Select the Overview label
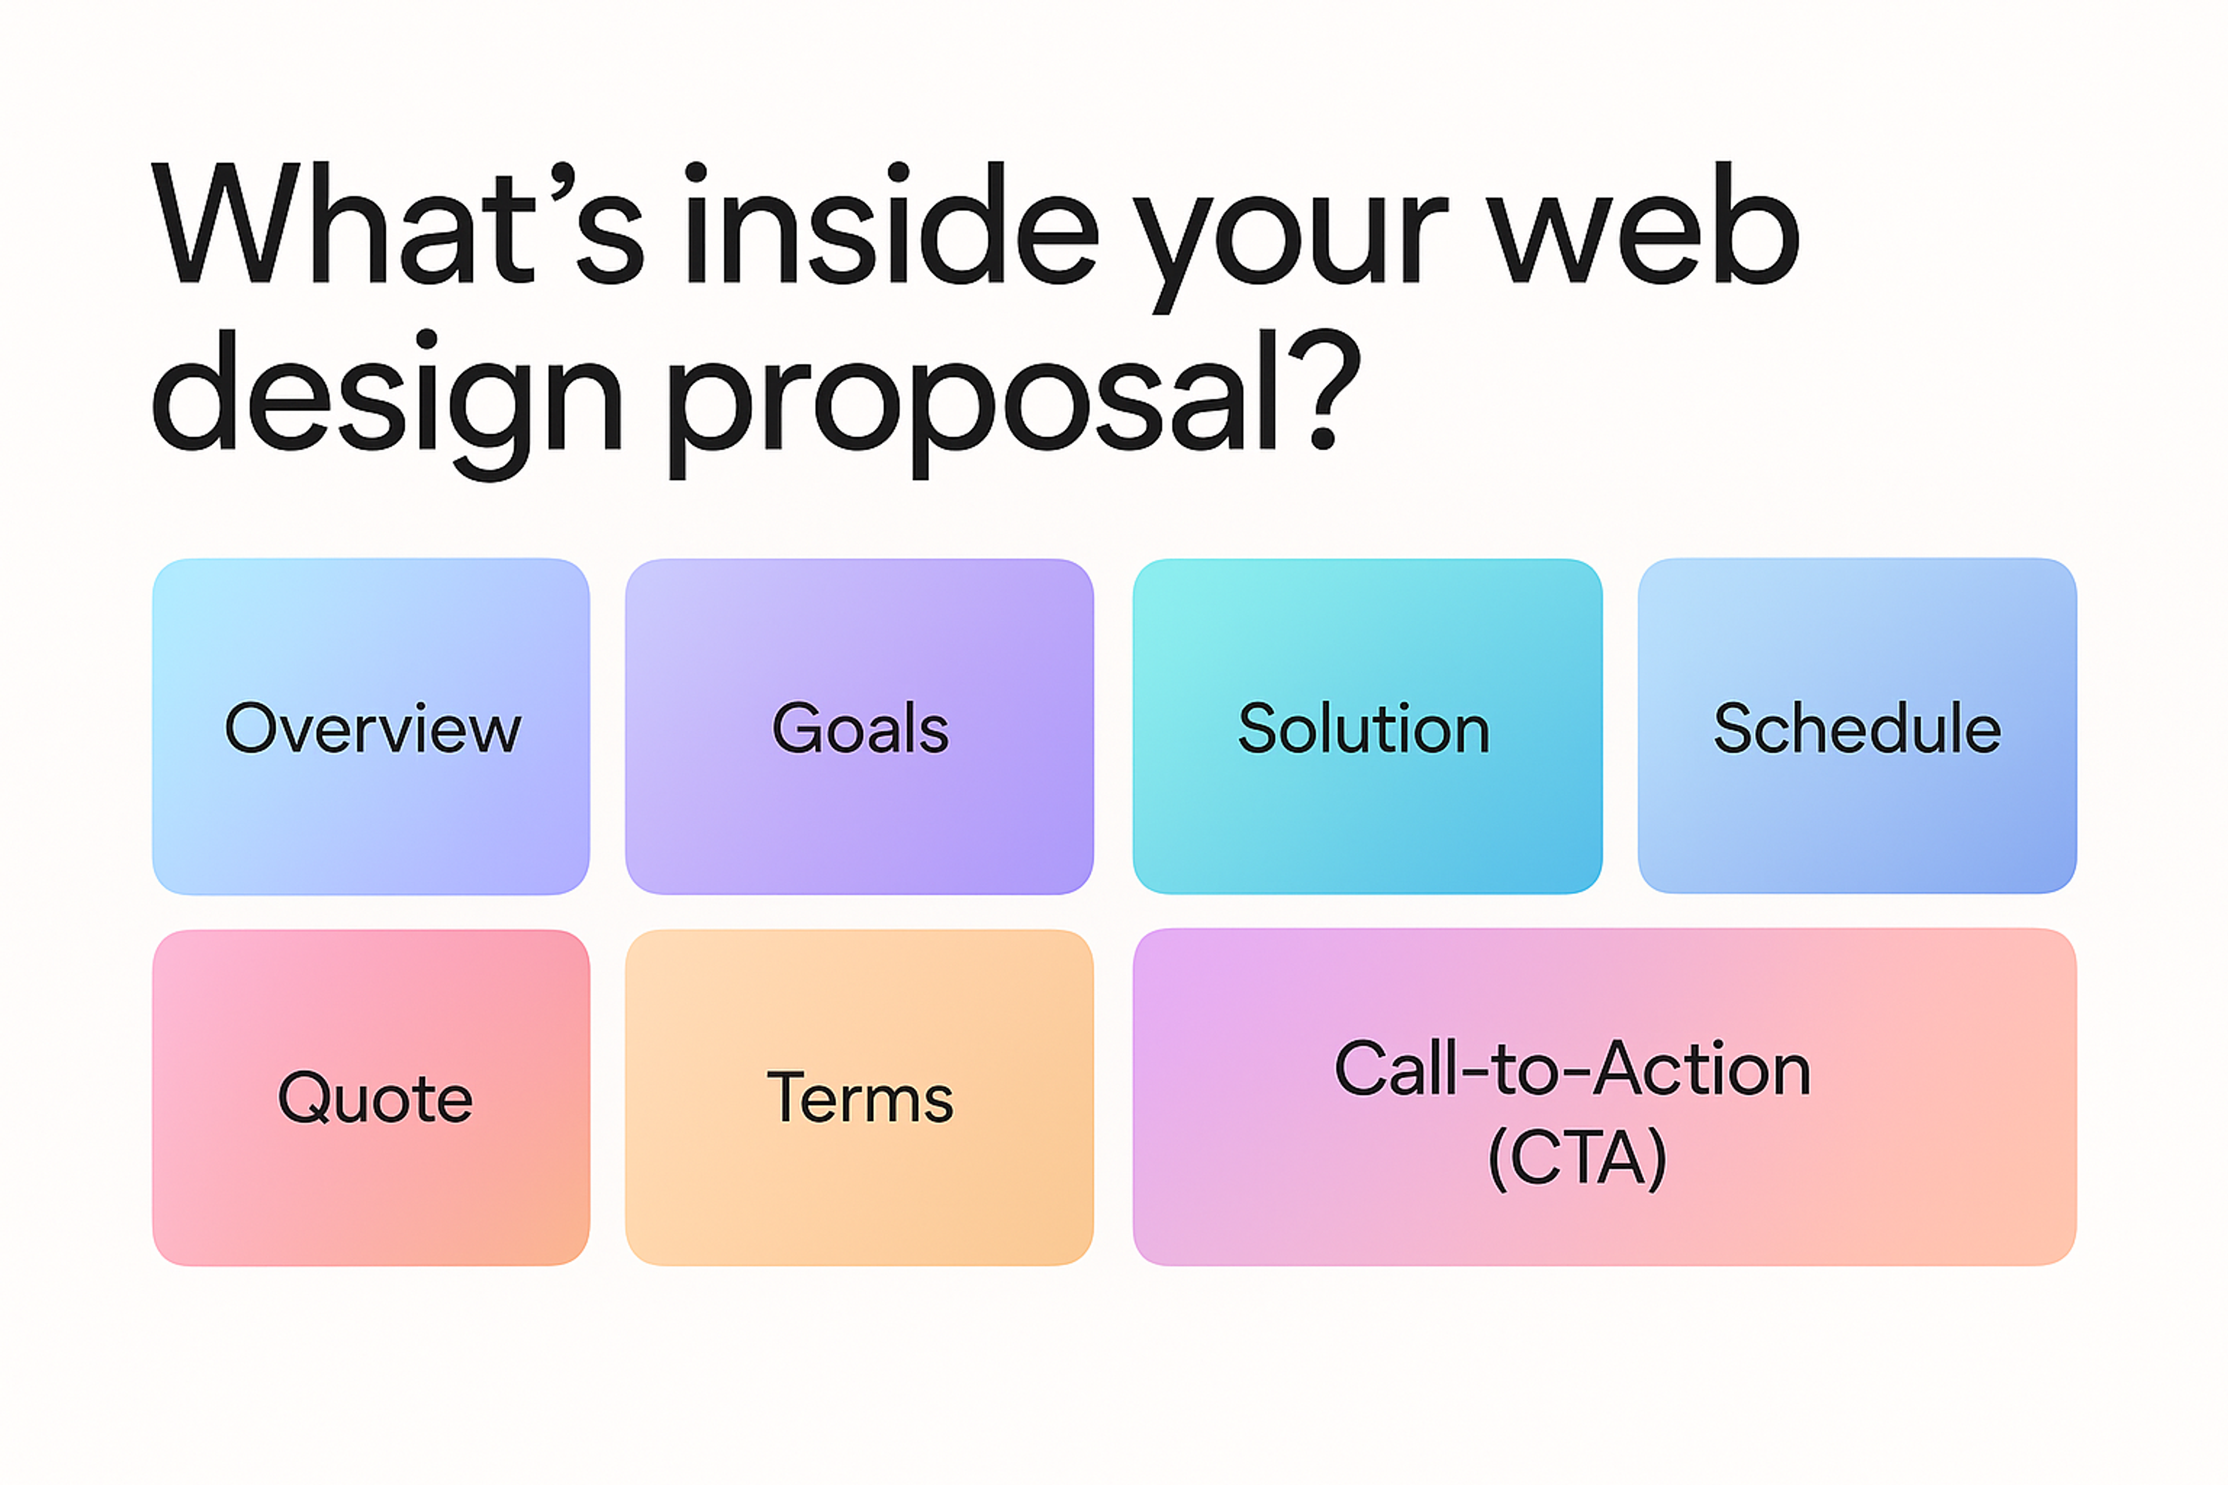(372, 729)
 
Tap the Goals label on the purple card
(860, 729)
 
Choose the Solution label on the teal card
(1364, 729)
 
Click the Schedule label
(1857, 729)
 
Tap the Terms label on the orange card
(860, 1099)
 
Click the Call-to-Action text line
(1572, 1069)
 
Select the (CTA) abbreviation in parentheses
(1576, 1157)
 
